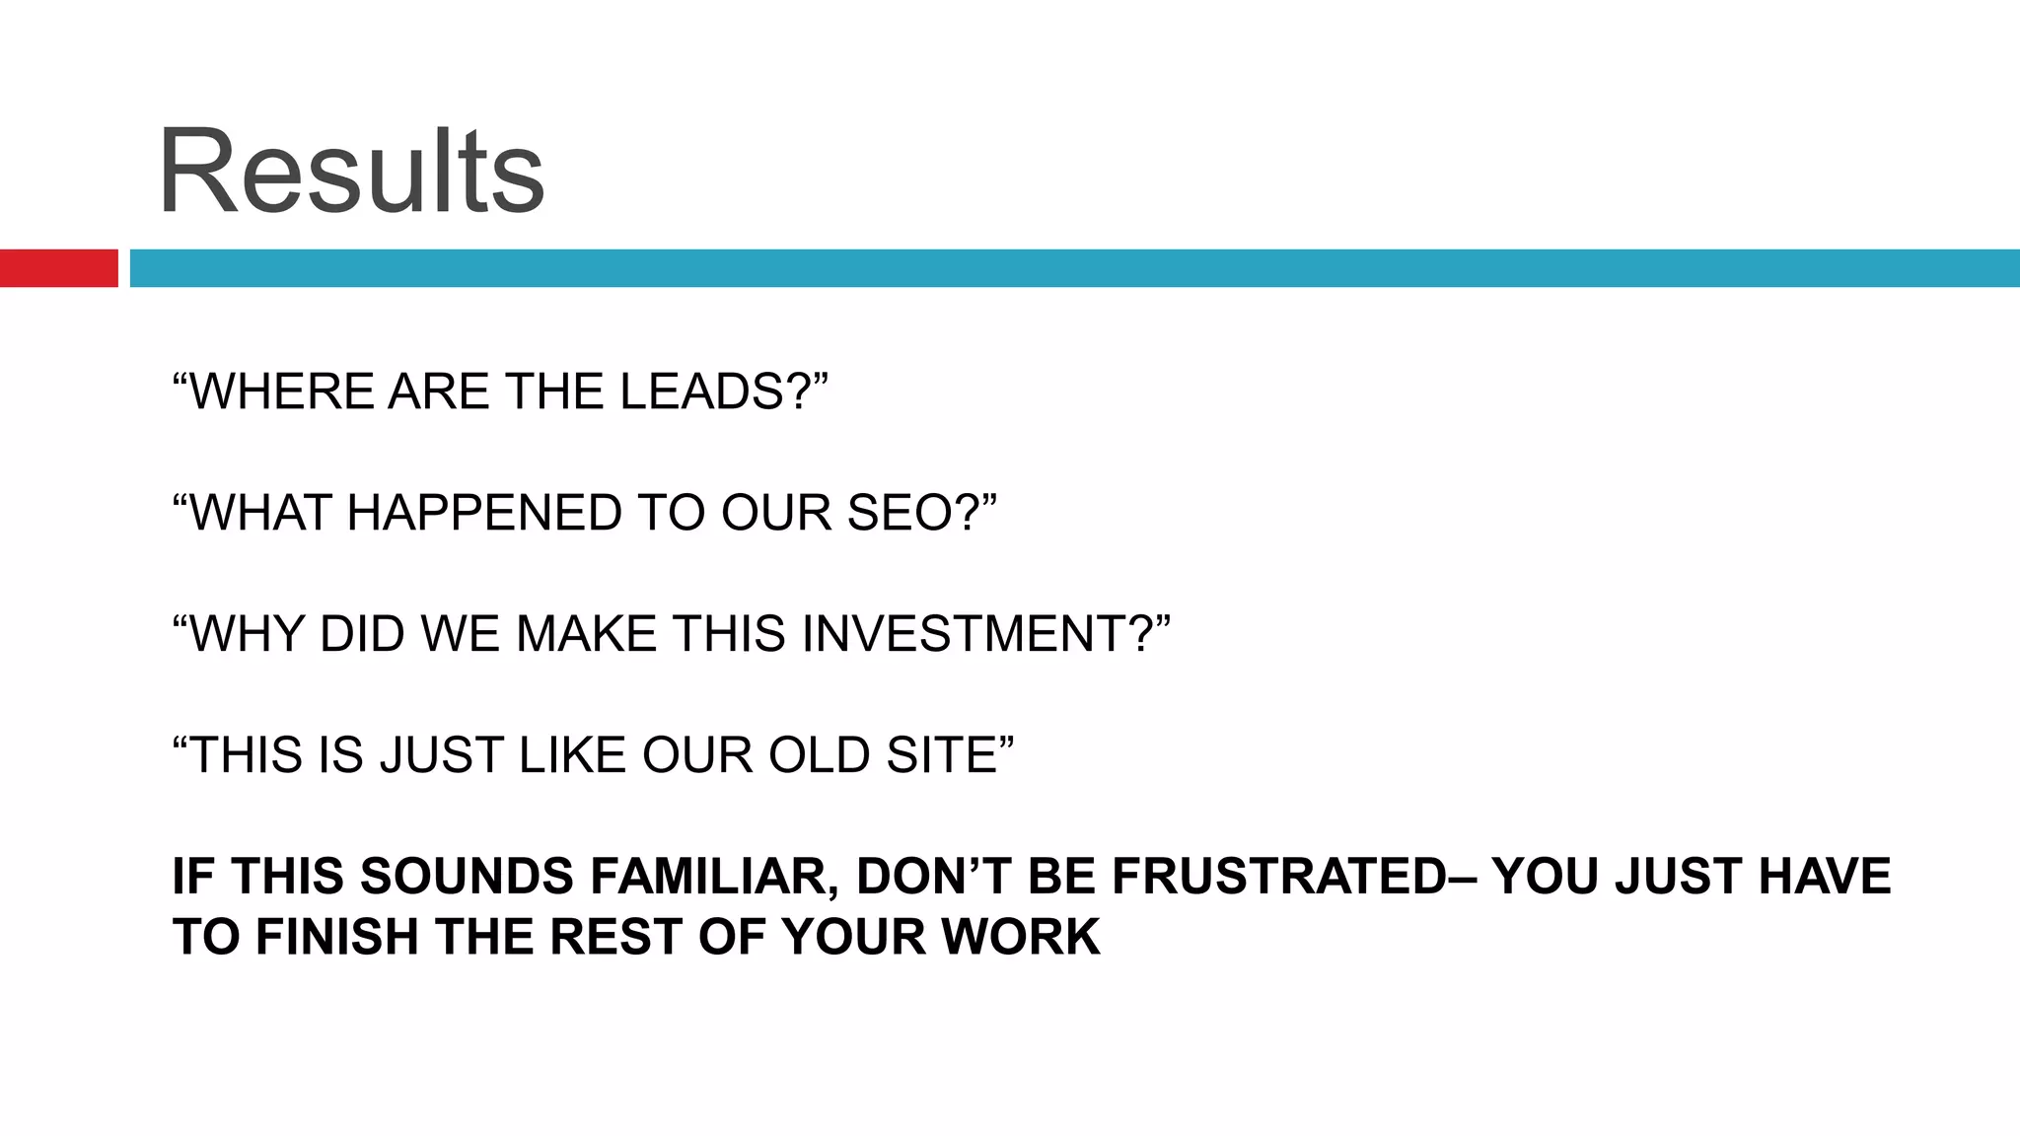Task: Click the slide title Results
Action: tap(351, 173)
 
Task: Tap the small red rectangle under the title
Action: tap(58, 268)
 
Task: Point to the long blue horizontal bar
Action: tap(1074, 268)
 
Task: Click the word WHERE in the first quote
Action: tap(283, 391)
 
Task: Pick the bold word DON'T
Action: tap(934, 877)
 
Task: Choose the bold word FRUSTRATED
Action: tap(1278, 877)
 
